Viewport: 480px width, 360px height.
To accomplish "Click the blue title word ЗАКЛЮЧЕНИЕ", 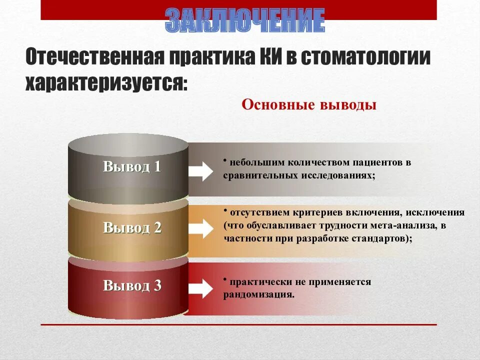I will tap(245, 20).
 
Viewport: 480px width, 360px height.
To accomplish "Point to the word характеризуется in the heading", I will tap(106, 81).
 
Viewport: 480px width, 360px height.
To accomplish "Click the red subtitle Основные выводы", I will tap(308, 105).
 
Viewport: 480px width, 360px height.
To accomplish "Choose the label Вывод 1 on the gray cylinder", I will tap(132, 166).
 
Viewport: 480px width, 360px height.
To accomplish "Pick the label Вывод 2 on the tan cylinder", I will tap(132, 227).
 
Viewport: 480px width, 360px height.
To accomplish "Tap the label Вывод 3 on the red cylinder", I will tap(132, 285).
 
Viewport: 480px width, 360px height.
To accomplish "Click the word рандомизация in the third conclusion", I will tap(258, 294).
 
